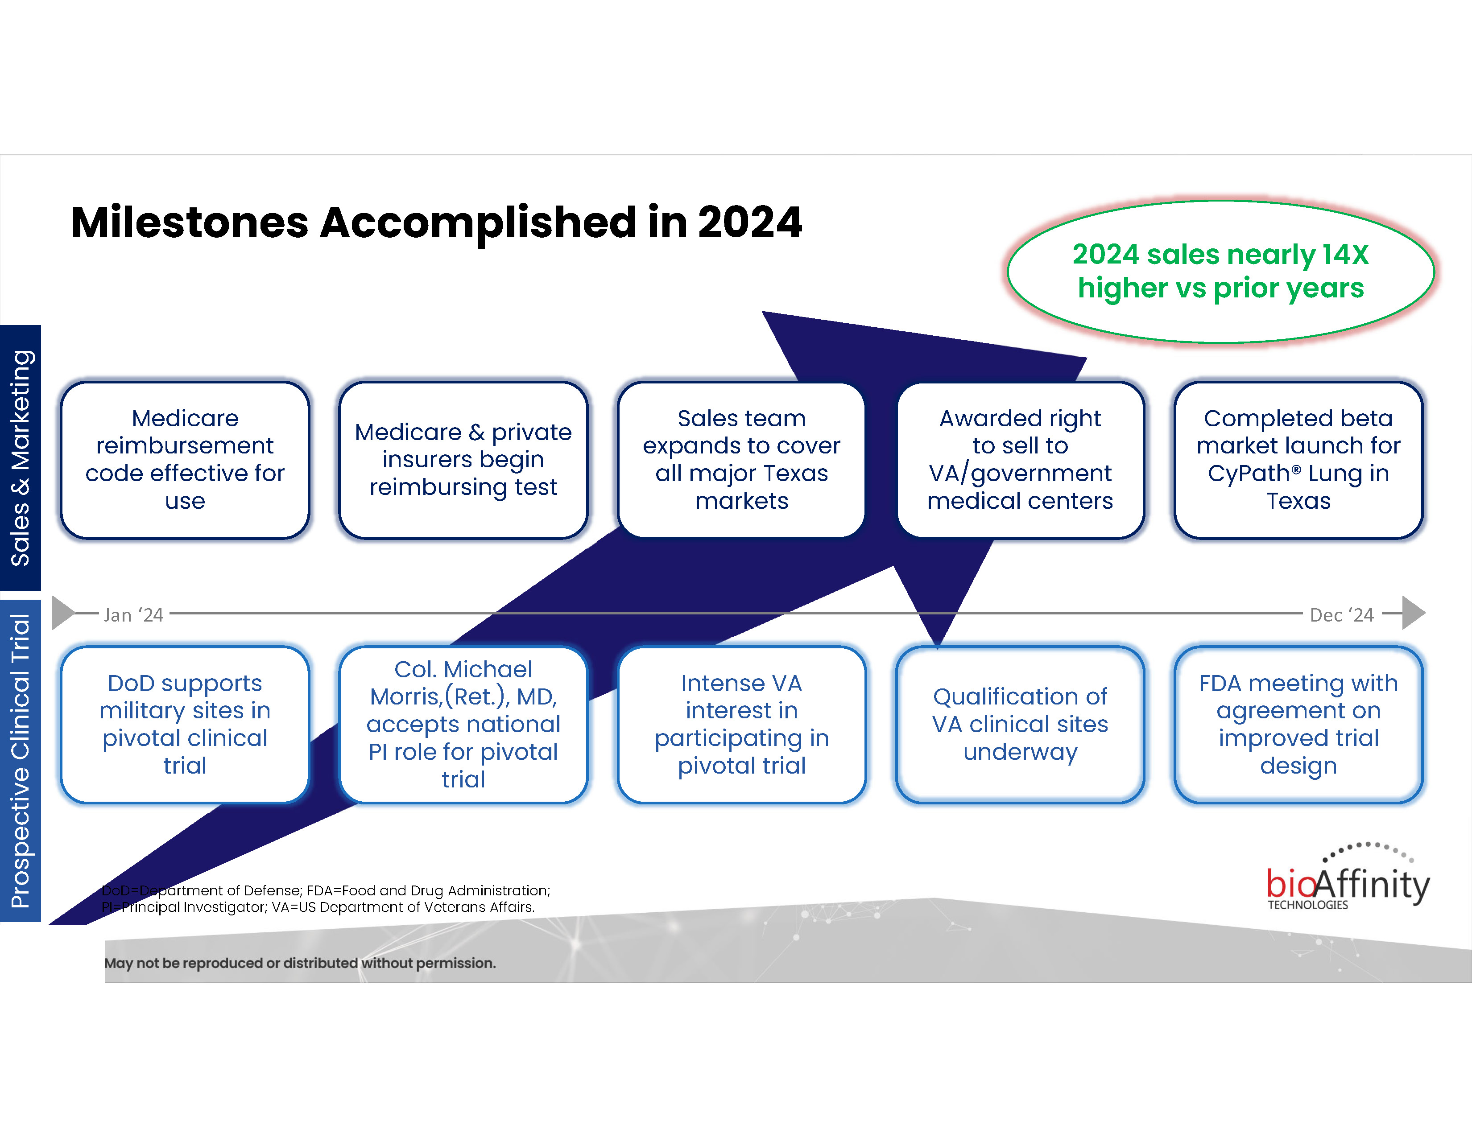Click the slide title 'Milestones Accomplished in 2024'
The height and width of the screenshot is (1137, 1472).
[436, 222]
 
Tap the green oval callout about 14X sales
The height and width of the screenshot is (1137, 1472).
[1220, 272]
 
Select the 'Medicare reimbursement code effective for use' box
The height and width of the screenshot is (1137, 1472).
[185, 459]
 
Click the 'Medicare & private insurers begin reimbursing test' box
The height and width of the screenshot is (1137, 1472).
[463, 459]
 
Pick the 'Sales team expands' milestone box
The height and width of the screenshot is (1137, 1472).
[741, 459]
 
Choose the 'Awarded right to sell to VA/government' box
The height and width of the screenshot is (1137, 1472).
[1020, 459]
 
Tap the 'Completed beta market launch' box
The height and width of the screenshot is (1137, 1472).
[1298, 459]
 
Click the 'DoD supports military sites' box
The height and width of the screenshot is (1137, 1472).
[185, 724]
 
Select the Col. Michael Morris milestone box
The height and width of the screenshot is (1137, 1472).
[463, 724]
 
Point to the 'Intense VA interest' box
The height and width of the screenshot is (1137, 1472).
[741, 724]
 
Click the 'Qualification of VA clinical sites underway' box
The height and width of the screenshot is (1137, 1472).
[1020, 724]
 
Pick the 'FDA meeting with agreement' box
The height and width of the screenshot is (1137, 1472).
[1298, 724]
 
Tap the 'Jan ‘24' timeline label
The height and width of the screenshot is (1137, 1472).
[133, 615]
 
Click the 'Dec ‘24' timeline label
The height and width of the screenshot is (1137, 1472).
[1341, 615]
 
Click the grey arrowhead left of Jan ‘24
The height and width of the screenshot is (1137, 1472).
[63, 613]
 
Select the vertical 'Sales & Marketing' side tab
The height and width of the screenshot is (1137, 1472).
[20, 457]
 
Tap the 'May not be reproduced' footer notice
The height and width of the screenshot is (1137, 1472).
[300, 963]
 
